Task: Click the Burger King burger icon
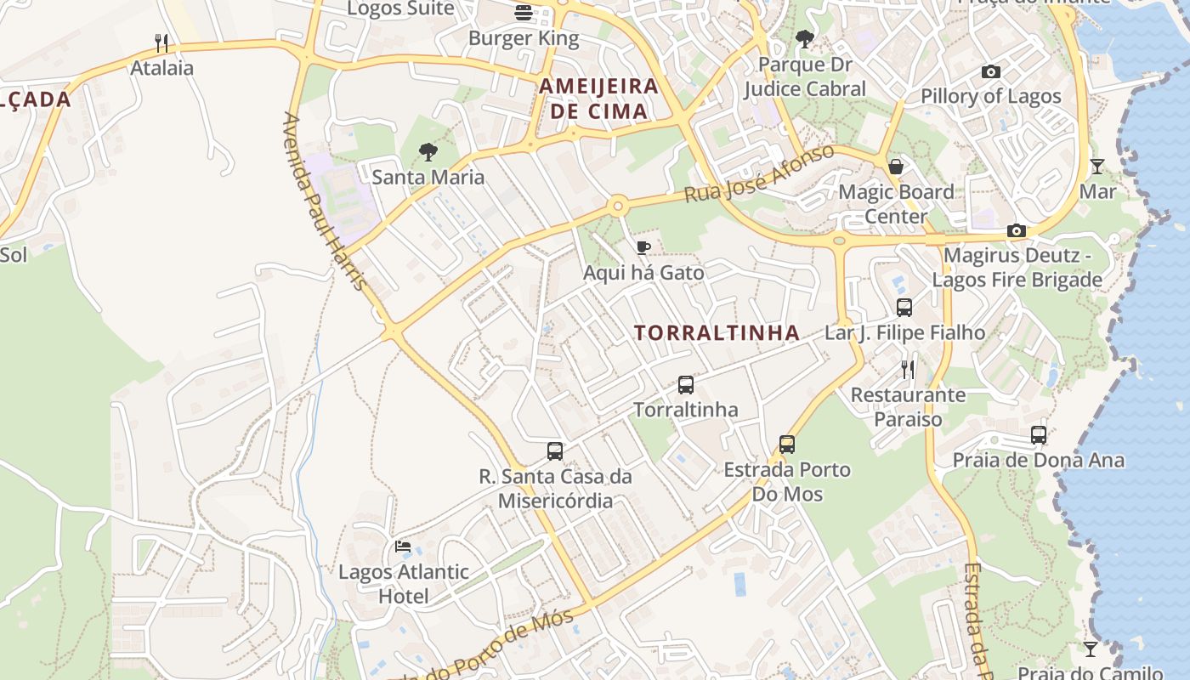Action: [x=523, y=13]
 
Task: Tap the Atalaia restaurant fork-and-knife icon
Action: [x=161, y=42]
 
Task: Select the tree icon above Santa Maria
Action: [x=428, y=152]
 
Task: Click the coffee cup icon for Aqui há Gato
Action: [x=643, y=247]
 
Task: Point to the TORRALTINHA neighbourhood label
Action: [x=717, y=333]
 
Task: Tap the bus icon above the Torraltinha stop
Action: [x=686, y=385]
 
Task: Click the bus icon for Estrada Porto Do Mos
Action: [x=787, y=444]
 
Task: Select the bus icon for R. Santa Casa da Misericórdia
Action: [x=555, y=451]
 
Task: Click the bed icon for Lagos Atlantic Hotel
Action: [x=403, y=547]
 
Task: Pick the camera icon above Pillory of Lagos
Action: [x=991, y=72]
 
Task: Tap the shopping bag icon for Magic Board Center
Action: [x=896, y=167]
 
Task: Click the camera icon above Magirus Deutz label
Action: [x=1016, y=230]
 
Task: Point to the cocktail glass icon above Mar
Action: [x=1097, y=167]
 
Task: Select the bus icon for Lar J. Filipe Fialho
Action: [x=904, y=308]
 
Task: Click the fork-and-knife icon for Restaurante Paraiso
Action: [x=908, y=370]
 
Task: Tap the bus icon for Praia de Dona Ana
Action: [x=1039, y=435]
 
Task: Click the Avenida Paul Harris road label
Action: [x=326, y=201]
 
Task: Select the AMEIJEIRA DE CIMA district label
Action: [x=599, y=99]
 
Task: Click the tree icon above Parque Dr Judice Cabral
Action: [x=804, y=39]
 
